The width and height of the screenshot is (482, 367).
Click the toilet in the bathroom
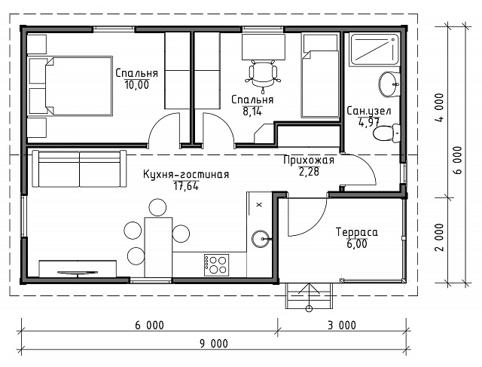[x=386, y=133]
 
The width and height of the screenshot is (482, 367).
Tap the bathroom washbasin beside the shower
[x=389, y=84]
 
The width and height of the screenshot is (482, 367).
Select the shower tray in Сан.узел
[x=374, y=50]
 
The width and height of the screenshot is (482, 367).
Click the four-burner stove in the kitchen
[x=216, y=265]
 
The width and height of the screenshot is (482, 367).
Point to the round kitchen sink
[x=261, y=239]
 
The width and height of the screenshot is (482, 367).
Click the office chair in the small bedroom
[x=263, y=76]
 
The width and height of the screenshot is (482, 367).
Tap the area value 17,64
[x=186, y=186]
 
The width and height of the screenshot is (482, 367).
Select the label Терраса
[x=356, y=232]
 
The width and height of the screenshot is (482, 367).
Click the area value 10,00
[x=137, y=84]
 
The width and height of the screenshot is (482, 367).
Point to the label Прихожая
[x=309, y=160]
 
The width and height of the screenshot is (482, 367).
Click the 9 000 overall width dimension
[x=214, y=344]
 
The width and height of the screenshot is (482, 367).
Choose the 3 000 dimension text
[x=342, y=325]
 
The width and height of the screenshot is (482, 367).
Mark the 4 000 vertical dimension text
[x=440, y=108]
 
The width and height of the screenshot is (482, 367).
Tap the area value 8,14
[x=252, y=112]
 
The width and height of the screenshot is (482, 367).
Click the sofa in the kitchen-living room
[x=79, y=169]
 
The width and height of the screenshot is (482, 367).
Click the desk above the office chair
[x=264, y=47]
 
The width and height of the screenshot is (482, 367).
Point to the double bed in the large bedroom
[x=70, y=86]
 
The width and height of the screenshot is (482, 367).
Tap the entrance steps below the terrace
[x=309, y=295]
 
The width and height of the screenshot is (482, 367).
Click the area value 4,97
[x=369, y=122]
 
